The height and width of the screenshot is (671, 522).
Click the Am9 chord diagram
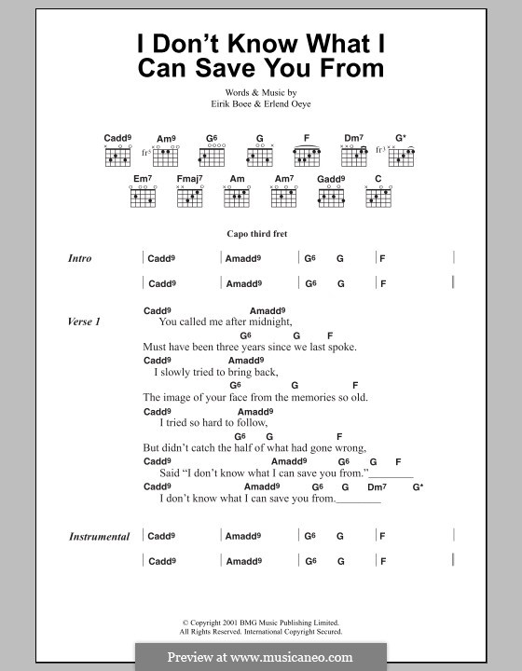point(166,157)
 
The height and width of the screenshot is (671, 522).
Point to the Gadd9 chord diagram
point(330,196)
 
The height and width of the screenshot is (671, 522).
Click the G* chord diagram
point(401,157)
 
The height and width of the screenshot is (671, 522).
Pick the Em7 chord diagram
point(142,196)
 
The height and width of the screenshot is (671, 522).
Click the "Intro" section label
point(79,258)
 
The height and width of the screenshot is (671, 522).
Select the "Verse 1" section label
point(84,322)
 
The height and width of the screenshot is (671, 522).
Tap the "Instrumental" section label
point(99,537)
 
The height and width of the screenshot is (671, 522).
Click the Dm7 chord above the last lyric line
point(376,486)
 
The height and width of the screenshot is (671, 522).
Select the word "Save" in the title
point(245,68)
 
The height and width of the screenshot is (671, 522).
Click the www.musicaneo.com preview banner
point(260,657)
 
